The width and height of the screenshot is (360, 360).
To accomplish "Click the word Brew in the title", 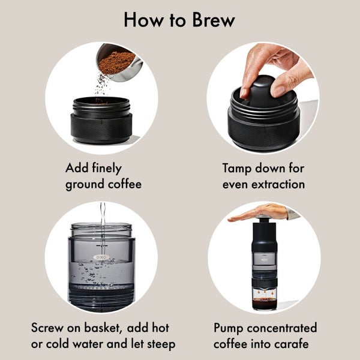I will click(209, 20).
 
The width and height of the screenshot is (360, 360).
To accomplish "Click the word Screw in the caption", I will click(49, 328).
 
